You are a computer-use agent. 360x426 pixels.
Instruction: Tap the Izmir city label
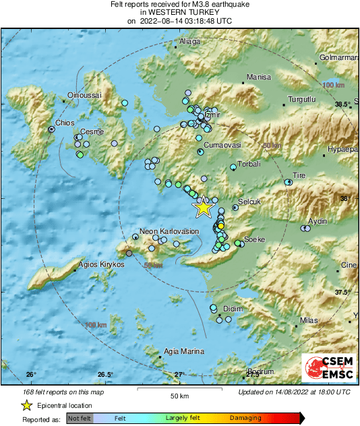click(x=212, y=115)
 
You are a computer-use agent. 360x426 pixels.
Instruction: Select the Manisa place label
click(x=258, y=78)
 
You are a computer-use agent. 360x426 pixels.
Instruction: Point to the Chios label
click(x=64, y=123)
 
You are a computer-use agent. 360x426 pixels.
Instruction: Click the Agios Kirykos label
click(x=102, y=265)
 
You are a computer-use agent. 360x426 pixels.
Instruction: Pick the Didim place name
click(x=233, y=309)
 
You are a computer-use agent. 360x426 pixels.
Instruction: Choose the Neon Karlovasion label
click(x=169, y=231)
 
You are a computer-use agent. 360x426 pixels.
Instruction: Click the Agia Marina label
click(x=184, y=351)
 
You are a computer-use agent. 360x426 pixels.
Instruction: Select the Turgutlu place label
click(x=301, y=100)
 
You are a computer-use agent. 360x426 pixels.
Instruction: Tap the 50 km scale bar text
click(x=179, y=396)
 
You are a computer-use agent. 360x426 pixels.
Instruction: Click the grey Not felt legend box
click(x=79, y=419)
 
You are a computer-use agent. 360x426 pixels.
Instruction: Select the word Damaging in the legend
click(x=245, y=419)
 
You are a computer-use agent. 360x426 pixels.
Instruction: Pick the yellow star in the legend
click(x=26, y=405)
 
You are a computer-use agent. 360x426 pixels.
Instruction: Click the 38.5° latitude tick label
click(x=344, y=104)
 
